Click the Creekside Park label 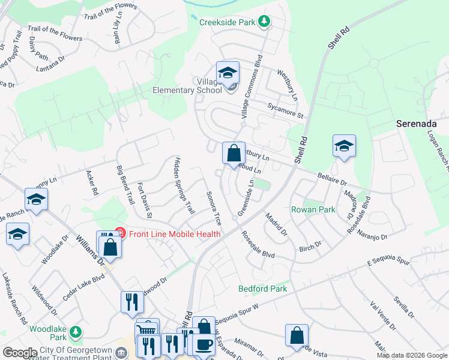click(228, 22)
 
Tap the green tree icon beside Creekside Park click(264, 22)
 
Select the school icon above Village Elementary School click(228, 73)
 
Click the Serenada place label click(420, 124)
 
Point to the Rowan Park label click(313, 209)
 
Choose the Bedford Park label click(262, 289)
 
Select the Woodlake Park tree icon click(75, 331)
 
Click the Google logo click(20, 352)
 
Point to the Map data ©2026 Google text click(412, 355)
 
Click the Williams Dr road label click(90, 249)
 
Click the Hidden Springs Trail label click(184, 186)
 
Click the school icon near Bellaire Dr click(344, 146)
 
